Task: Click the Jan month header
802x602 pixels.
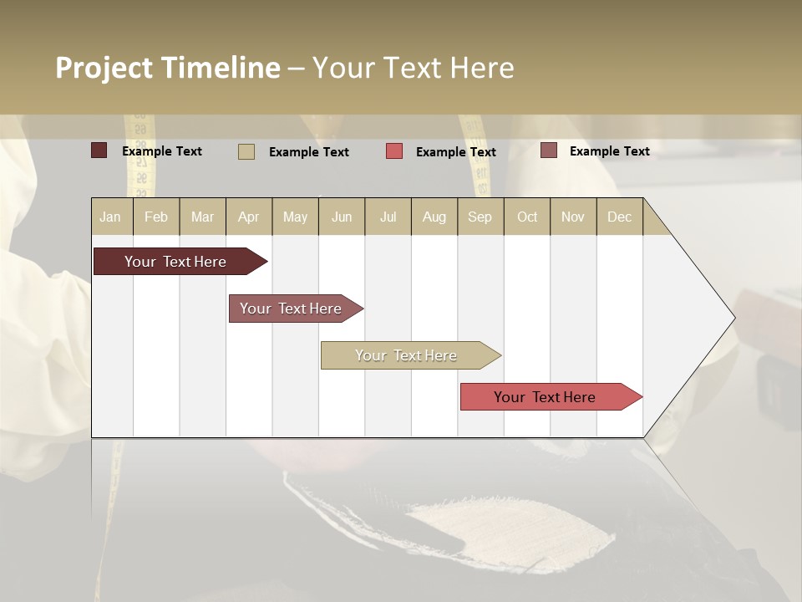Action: (x=110, y=217)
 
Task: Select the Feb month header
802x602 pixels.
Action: (x=156, y=217)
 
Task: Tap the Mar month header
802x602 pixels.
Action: (x=202, y=217)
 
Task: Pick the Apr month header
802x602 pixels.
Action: (x=248, y=217)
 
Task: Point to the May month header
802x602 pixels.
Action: (x=295, y=217)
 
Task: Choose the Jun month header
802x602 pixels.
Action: (x=342, y=217)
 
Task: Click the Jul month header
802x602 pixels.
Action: (x=388, y=217)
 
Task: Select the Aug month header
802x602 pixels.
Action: (x=434, y=217)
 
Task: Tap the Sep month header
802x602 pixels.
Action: (x=480, y=217)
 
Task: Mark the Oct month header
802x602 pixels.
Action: (x=527, y=217)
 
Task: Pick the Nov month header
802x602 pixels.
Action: (x=573, y=217)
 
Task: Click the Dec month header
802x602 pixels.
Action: (x=620, y=217)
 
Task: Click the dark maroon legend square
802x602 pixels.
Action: (x=99, y=150)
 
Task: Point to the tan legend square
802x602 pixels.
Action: (x=246, y=151)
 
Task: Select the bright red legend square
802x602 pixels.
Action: (x=394, y=150)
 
